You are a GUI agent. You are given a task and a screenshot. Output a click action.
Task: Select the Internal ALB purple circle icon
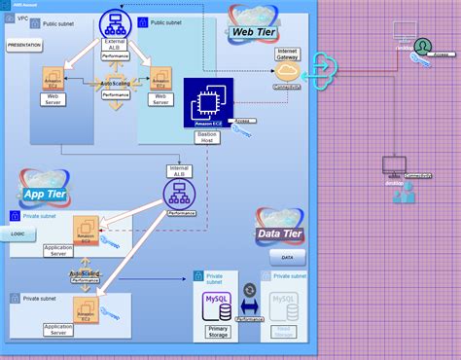(x=180, y=192)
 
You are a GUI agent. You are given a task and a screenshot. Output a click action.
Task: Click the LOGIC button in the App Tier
(x=18, y=234)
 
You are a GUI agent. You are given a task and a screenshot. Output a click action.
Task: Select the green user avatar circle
(x=422, y=47)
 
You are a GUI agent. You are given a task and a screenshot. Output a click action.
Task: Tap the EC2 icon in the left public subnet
(x=53, y=79)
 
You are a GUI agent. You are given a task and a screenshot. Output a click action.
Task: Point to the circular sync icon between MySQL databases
(x=250, y=290)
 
